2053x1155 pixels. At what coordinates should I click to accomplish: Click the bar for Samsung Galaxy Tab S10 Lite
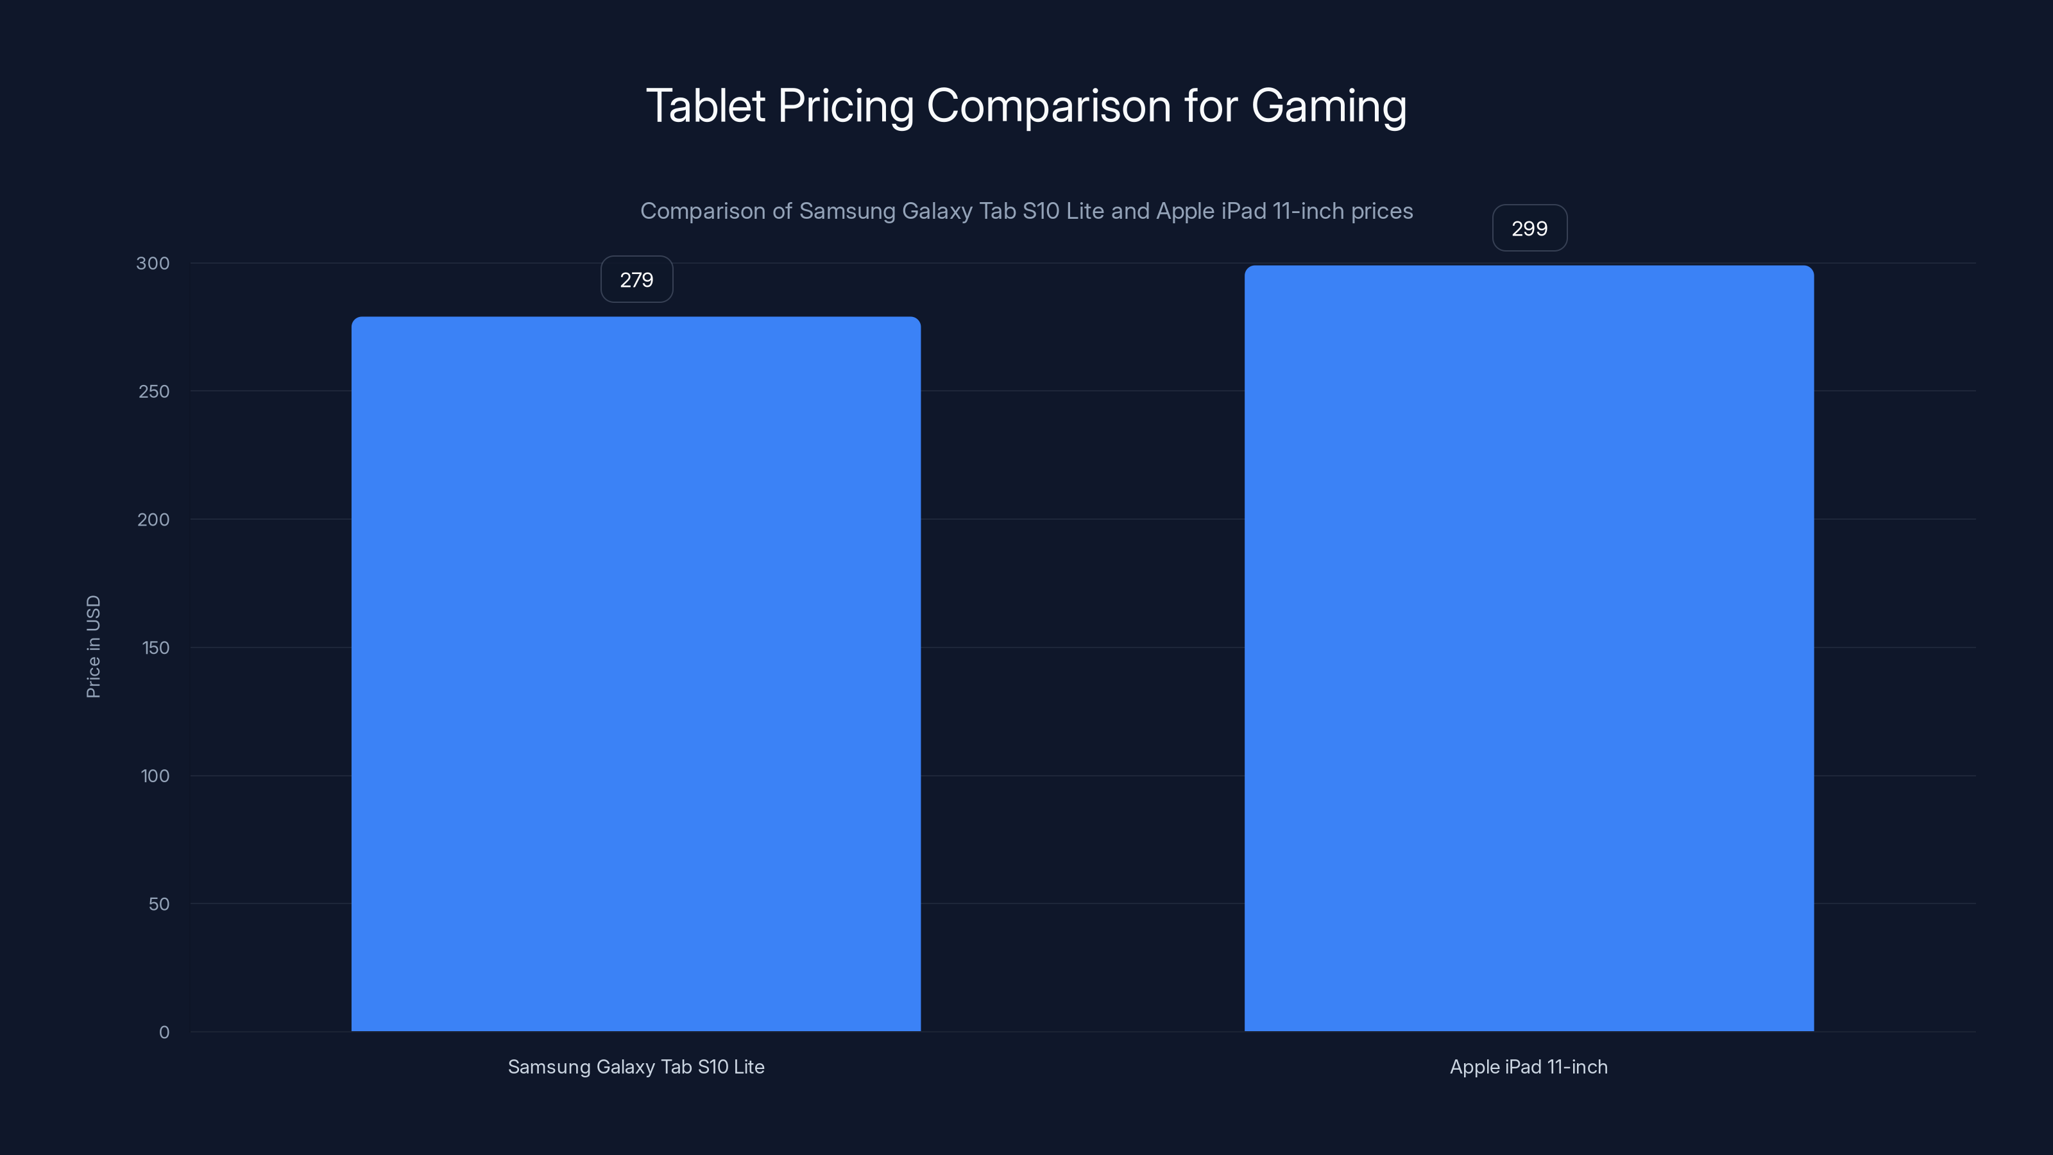(636, 674)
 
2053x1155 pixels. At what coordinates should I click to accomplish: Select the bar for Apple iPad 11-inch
(1529, 647)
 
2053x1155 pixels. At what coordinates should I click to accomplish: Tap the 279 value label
(636, 280)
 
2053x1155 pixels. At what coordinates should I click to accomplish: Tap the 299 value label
(1529, 229)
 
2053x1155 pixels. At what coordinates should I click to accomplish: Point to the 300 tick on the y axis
(153, 263)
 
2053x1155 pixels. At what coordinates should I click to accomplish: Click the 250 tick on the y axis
(154, 391)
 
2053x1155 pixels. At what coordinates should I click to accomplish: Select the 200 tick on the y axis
(154, 520)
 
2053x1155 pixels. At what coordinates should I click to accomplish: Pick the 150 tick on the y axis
(155, 648)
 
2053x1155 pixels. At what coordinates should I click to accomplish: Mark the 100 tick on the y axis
(155, 776)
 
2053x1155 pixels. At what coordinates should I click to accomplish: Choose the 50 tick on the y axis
(158, 904)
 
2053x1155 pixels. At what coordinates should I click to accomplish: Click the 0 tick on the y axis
(164, 1032)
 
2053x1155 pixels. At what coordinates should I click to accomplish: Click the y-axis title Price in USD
(93, 646)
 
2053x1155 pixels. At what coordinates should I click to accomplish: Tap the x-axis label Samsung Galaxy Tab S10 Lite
(636, 1066)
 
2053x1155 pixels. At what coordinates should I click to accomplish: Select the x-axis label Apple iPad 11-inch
(1529, 1066)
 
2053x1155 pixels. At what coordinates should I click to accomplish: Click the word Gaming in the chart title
(1329, 107)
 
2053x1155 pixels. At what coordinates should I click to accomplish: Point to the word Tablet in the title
(705, 105)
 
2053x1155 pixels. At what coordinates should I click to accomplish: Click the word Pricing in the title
(845, 107)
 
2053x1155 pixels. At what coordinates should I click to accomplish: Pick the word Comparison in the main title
(1048, 107)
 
